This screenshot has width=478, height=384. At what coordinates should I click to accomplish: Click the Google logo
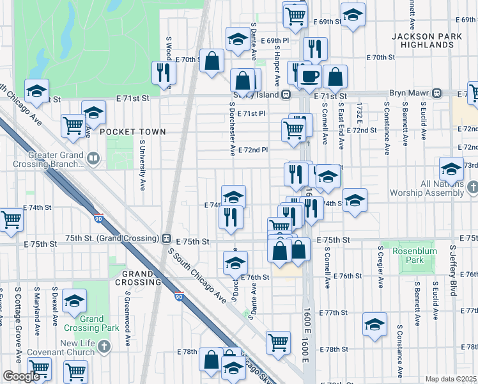tap(21, 376)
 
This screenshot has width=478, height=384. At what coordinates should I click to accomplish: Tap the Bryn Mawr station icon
tap(437, 93)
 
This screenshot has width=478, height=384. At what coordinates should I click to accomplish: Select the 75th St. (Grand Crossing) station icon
tap(166, 238)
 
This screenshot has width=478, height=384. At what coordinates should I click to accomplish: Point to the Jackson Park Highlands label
tap(428, 41)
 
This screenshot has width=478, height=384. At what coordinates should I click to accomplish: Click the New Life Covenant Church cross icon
tap(105, 346)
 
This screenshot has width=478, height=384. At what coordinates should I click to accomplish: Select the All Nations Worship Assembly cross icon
tap(472, 188)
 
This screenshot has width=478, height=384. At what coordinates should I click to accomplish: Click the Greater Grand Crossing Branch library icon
tap(93, 158)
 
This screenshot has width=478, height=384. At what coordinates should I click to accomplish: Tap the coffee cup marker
tap(310, 76)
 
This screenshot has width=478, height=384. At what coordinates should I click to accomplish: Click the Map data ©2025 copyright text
tap(451, 379)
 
